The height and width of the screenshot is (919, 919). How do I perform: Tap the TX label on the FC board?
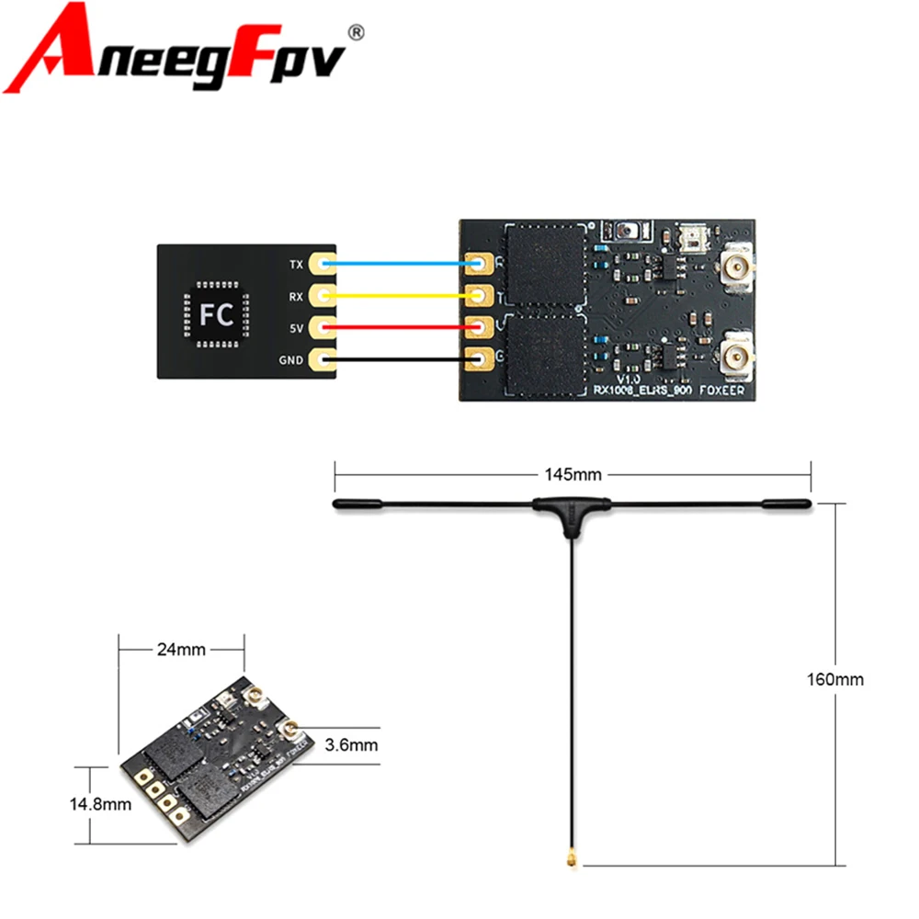pyautogui.click(x=295, y=265)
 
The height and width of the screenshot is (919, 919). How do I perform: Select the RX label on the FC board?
pyautogui.click(x=295, y=296)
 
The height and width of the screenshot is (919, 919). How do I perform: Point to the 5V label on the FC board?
pyautogui.click(x=295, y=327)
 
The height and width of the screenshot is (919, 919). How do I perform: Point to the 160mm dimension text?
pyautogui.click(x=836, y=680)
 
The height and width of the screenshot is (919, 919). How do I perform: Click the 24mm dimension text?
pyautogui.click(x=182, y=650)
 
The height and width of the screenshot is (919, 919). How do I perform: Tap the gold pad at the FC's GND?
pyautogui.click(x=322, y=359)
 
